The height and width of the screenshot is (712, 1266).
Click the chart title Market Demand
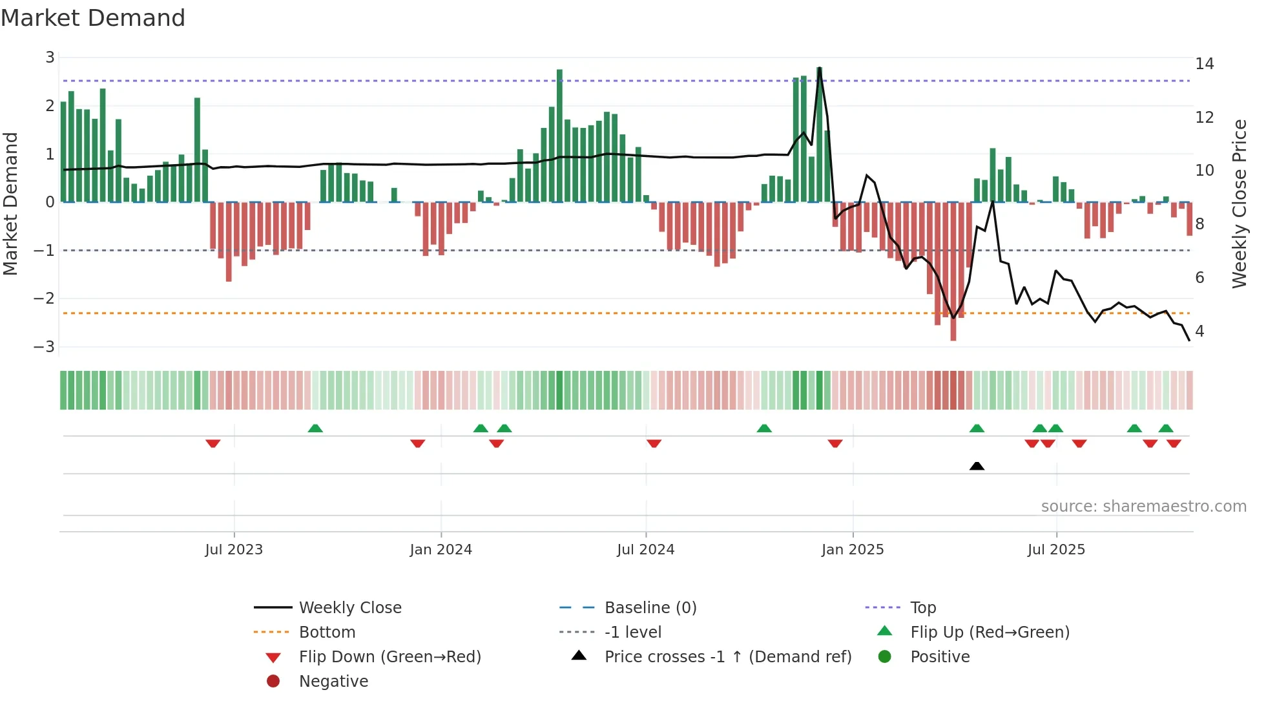coord(93,18)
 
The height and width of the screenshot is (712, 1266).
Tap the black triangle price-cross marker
coord(977,466)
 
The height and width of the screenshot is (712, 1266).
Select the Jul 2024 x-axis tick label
coord(645,550)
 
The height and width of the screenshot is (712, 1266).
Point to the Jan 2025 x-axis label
coord(852,550)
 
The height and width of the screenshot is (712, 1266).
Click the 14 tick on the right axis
coord(1204,64)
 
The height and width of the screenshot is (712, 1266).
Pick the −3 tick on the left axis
coord(45,347)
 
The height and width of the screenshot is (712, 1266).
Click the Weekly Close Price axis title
coord(1239,204)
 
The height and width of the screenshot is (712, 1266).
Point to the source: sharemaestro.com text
coord(1143,507)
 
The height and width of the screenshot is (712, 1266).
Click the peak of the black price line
coord(819,68)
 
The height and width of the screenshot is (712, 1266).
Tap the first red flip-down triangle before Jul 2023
coord(213,444)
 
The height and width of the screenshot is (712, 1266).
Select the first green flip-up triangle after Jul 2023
coord(315,428)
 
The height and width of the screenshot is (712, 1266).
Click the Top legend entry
coord(923,608)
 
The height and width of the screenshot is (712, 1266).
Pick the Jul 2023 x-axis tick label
coord(234,550)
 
